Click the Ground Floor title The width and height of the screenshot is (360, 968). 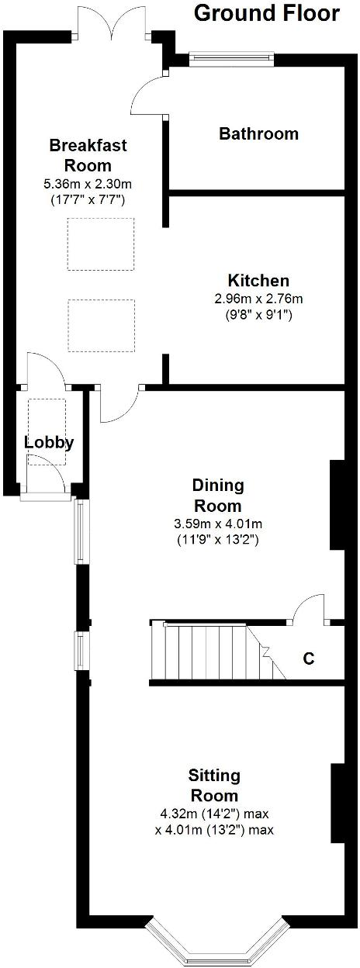tap(266, 13)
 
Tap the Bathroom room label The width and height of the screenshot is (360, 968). tap(258, 133)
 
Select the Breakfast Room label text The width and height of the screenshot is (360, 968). tap(88, 154)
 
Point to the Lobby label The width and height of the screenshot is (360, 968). tap(49, 443)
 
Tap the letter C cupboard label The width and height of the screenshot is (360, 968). tap(308, 659)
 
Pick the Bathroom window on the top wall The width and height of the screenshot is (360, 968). tap(233, 56)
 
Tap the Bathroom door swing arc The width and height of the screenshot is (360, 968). tap(147, 92)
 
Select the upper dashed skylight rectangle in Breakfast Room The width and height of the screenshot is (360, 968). tap(100, 244)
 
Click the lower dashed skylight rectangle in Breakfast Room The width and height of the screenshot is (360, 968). tap(100, 325)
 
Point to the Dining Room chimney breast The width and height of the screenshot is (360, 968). tap(337, 505)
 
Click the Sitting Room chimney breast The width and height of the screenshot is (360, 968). tap(337, 803)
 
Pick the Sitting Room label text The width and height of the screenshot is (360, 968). tap(213, 785)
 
